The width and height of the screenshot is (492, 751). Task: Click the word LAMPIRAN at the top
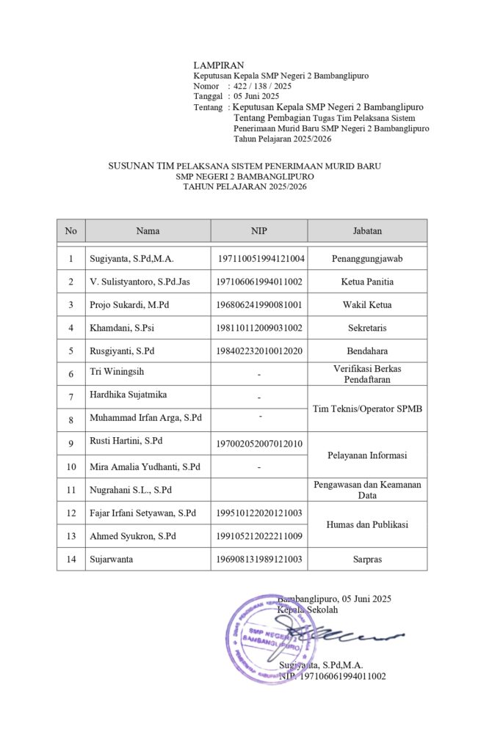click(x=219, y=65)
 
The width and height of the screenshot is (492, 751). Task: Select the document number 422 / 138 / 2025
click(x=262, y=86)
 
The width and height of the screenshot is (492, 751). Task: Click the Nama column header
click(x=148, y=231)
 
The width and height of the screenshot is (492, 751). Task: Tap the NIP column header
click(x=259, y=231)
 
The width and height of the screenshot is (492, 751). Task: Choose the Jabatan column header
click(x=367, y=231)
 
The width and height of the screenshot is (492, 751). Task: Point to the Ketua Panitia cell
click(x=367, y=282)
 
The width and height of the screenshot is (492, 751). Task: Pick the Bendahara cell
click(x=367, y=351)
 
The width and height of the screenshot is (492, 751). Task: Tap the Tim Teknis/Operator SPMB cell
click(x=367, y=408)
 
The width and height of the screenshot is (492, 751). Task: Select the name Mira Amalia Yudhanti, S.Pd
click(x=144, y=466)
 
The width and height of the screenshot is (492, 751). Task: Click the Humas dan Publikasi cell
click(x=367, y=524)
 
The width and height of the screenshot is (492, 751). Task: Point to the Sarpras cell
click(x=367, y=559)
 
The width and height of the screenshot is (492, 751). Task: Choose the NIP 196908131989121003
click(x=260, y=559)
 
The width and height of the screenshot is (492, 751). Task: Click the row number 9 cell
click(x=70, y=443)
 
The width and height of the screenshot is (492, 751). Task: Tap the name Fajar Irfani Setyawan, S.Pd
click(x=143, y=513)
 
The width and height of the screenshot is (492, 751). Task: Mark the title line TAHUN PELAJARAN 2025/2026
click(x=245, y=187)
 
